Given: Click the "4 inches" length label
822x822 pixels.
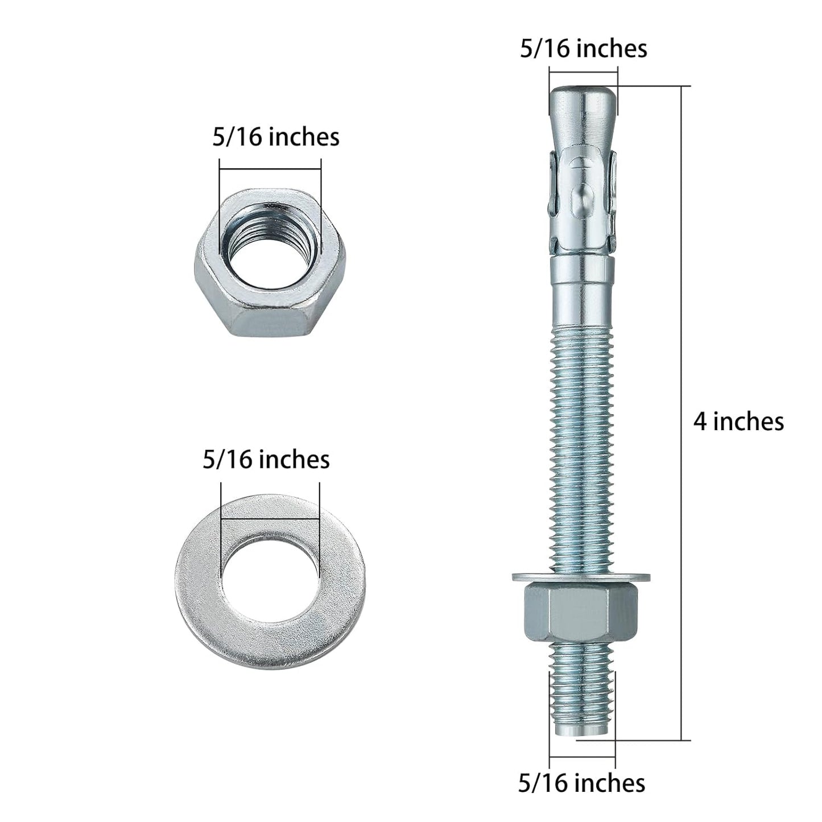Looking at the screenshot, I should click(738, 422).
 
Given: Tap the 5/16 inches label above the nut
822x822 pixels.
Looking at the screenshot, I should click(276, 137).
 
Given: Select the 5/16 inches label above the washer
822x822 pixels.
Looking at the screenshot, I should click(266, 460).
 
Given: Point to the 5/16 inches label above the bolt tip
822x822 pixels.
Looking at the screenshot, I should click(584, 49).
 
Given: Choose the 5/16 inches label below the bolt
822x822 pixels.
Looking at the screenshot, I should click(581, 783).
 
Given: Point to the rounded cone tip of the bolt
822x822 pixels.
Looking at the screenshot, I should click(583, 108).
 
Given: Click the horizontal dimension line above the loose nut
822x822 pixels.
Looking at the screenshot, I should click(270, 168).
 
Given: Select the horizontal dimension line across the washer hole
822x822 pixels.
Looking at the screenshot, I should click(270, 518).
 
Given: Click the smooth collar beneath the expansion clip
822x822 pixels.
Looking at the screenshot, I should click(583, 284).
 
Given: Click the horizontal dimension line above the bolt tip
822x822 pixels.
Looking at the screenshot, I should click(583, 71).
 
